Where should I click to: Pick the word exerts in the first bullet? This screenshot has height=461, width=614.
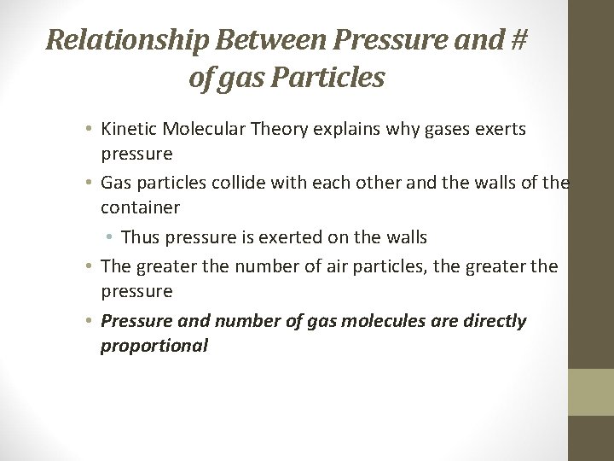500,130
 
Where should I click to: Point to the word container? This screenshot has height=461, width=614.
141,208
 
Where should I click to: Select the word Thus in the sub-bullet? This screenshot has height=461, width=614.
141,237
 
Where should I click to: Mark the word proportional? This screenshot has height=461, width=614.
154,346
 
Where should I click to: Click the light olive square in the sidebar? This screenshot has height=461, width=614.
591,392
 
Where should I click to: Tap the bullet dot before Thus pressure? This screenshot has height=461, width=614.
112,237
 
